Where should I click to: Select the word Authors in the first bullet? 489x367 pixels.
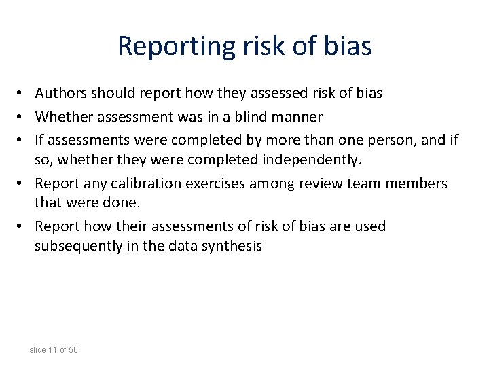point(60,93)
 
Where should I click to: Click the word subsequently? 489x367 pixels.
point(79,246)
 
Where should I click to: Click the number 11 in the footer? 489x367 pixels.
point(52,350)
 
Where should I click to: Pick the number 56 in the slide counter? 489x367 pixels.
point(73,350)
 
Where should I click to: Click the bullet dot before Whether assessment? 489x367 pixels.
point(22,117)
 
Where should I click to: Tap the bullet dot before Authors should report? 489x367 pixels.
point(22,93)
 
